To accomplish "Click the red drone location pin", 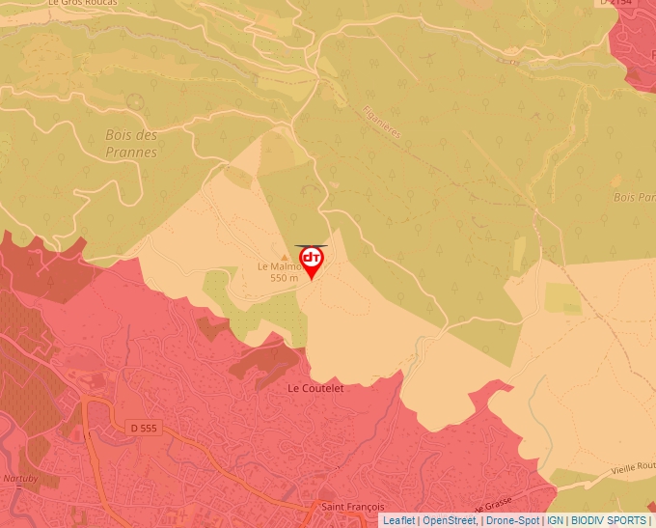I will (x=312, y=261).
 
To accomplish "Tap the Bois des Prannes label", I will (x=131, y=144).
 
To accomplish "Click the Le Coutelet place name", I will (x=315, y=387).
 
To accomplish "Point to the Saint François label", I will (x=352, y=507).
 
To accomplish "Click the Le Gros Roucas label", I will (x=83, y=4).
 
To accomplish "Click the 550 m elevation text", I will (x=285, y=278).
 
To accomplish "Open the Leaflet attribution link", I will (x=398, y=520).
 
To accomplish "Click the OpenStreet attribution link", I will (x=449, y=520).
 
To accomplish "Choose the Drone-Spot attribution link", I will (x=511, y=520).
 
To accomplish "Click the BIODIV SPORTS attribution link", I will (x=609, y=520).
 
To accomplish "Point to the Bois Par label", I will (x=634, y=197).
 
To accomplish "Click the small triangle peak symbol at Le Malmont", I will (x=284, y=257).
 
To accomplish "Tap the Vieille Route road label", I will (x=631, y=465).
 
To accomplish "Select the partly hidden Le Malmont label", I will (x=278, y=266).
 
